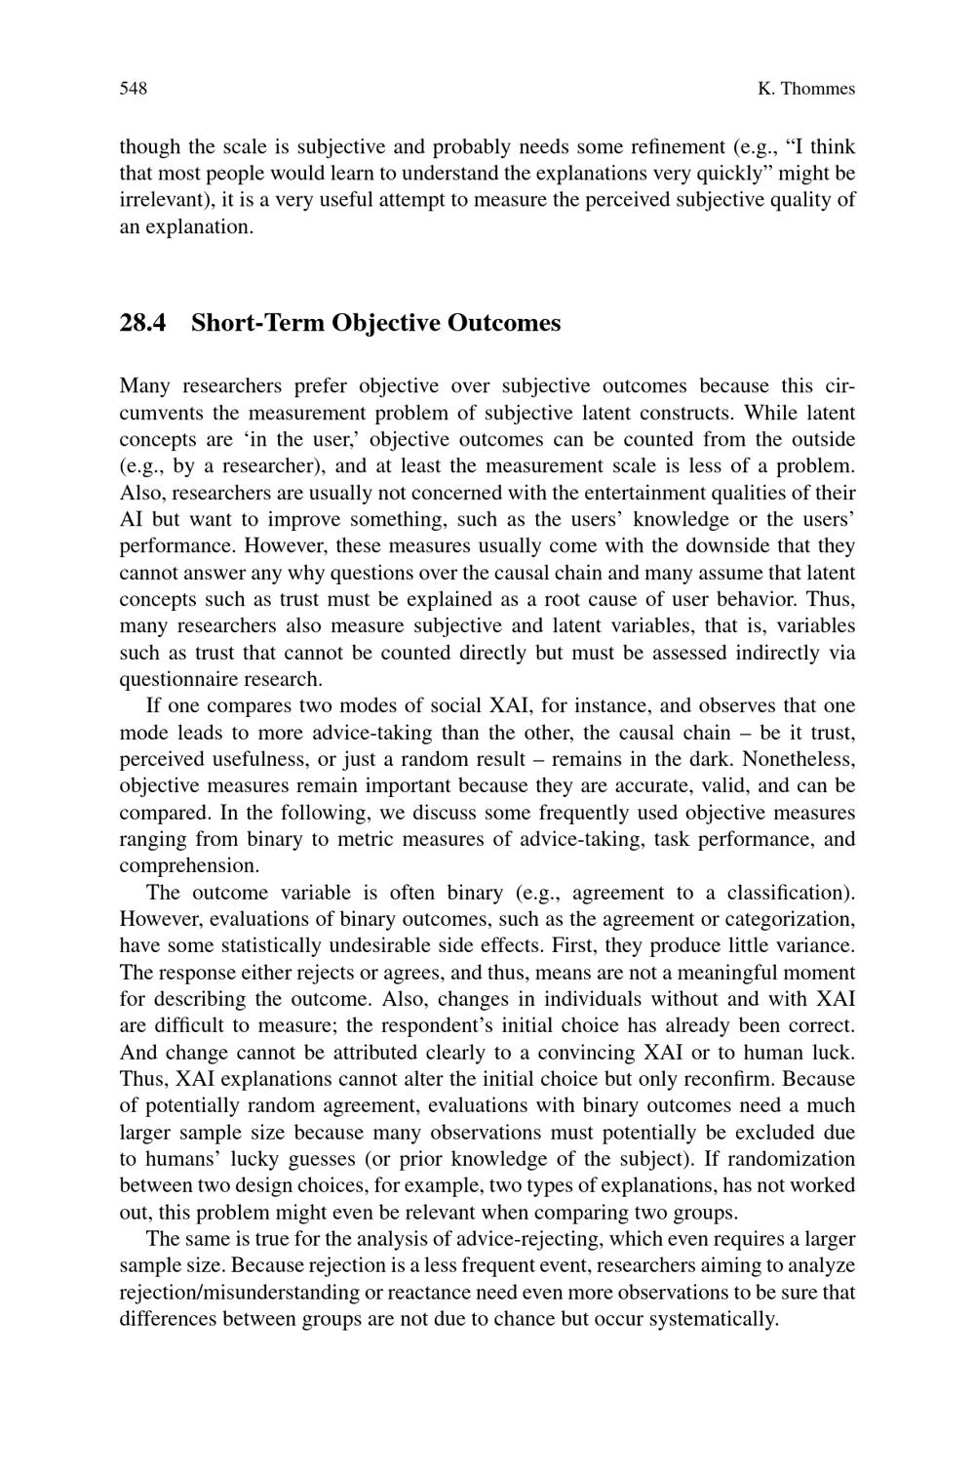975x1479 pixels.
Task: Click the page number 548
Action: click(x=133, y=89)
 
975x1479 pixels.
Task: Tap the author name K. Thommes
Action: click(x=805, y=89)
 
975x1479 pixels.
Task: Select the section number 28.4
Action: click(x=143, y=323)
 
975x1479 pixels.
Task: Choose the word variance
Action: click(x=815, y=945)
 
